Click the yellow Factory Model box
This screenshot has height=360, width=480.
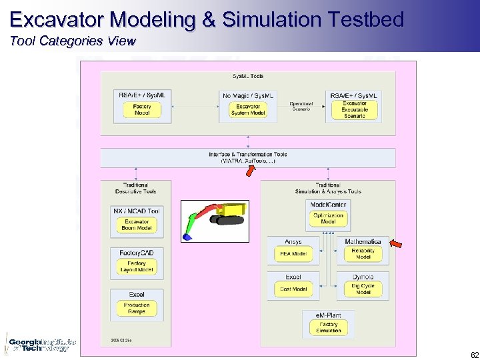pyautogui.click(x=142, y=110)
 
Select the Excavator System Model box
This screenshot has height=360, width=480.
pyautogui.click(x=248, y=110)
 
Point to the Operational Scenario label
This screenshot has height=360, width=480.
pyautogui.click(x=301, y=106)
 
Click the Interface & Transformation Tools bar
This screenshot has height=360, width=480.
pyautogui.click(x=247, y=157)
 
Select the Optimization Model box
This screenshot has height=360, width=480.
pyautogui.click(x=328, y=219)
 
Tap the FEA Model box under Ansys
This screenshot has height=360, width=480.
pyautogui.click(x=293, y=253)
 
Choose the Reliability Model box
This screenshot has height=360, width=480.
pyautogui.click(x=363, y=253)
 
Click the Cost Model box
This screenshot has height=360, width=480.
pyautogui.click(x=293, y=289)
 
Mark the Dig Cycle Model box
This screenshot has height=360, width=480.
pyautogui.click(x=363, y=289)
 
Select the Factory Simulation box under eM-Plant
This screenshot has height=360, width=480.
pyautogui.click(x=328, y=327)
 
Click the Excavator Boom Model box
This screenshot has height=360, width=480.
pyautogui.click(x=137, y=225)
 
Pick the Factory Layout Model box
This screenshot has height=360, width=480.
pyautogui.click(x=137, y=267)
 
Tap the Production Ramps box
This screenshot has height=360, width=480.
pyautogui.click(x=137, y=308)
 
